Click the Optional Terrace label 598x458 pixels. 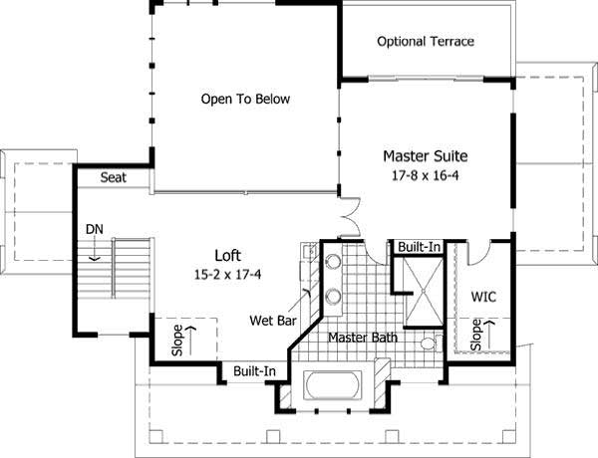[x=426, y=42]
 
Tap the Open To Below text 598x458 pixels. [x=252, y=100]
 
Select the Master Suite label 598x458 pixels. [x=426, y=156]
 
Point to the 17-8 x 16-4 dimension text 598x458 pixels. [x=426, y=175]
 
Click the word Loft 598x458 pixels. [x=228, y=254]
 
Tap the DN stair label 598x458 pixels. [x=95, y=230]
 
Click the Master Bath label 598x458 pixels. [x=364, y=339]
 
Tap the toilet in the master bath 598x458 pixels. [x=429, y=344]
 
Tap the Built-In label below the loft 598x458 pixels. [x=254, y=371]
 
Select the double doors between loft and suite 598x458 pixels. [x=347, y=216]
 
